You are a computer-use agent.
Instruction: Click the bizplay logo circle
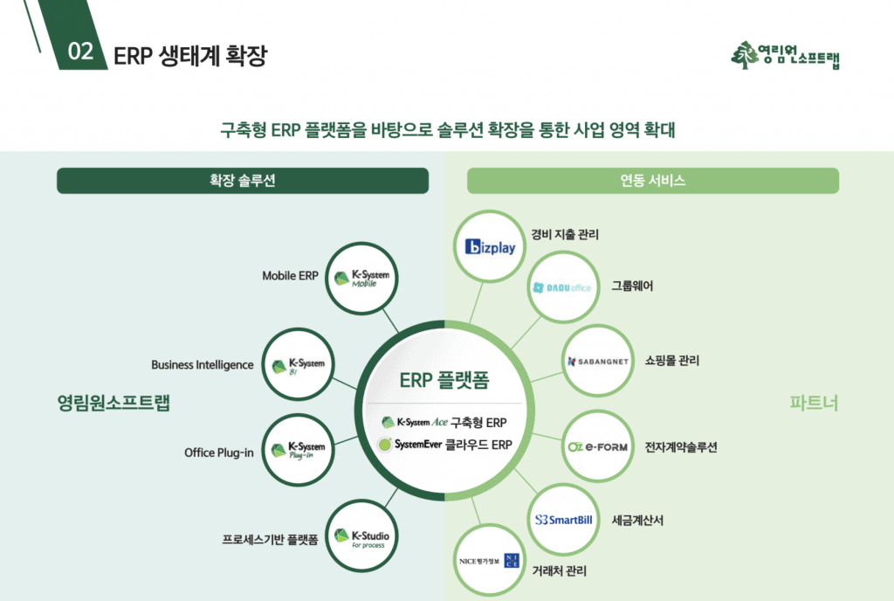click(x=491, y=247)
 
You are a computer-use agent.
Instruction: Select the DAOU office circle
click(x=562, y=287)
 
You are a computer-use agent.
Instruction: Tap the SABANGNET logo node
click(x=597, y=361)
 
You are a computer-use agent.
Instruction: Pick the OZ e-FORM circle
click(x=597, y=447)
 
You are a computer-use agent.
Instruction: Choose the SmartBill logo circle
click(x=563, y=520)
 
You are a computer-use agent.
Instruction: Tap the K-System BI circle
click(x=299, y=365)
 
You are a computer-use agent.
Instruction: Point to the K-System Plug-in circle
click(x=299, y=450)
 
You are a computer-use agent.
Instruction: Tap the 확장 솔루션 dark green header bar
click(x=243, y=181)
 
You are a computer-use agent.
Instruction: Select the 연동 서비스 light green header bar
click(x=652, y=181)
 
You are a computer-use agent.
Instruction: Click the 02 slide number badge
click(x=80, y=52)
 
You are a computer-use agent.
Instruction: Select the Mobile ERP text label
click(x=291, y=276)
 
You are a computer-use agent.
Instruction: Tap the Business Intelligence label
click(x=203, y=364)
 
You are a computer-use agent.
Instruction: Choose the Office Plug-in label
click(x=219, y=452)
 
